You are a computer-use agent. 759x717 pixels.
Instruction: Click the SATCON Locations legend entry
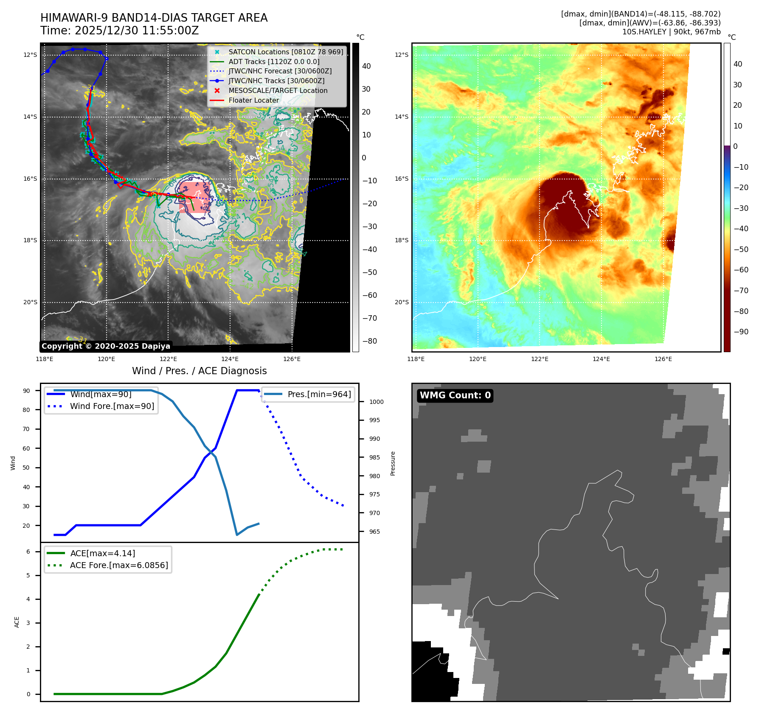tap(286, 52)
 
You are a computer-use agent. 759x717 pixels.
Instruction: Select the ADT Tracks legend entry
tap(274, 62)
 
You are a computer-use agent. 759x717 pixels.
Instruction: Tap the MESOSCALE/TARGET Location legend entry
tap(278, 90)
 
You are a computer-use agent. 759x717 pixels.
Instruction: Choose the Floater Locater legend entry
tap(253, 100)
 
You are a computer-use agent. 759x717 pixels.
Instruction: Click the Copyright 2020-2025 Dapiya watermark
tap(106, 346)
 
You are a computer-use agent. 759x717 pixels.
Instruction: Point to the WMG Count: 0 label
tap(455, 395)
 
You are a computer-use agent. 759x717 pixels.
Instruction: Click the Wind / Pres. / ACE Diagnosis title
tap(199, 371)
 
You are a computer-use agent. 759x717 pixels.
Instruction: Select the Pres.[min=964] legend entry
tap(319, 394)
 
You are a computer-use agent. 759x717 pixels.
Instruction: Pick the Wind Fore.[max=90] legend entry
tap(112, 406)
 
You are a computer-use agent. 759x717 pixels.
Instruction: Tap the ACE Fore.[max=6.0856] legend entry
tap(119, 565)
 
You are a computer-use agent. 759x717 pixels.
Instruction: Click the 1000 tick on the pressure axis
tap(376, 402)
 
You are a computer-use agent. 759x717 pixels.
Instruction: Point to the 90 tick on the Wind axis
tap(26, 391)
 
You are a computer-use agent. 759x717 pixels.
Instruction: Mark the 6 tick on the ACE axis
tap(28, 552)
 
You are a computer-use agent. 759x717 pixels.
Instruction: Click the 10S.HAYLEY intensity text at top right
tap(671, 32)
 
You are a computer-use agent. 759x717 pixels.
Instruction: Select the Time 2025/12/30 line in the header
tap(119, 31)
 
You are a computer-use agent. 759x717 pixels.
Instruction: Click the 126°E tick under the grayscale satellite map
tap(292, 359)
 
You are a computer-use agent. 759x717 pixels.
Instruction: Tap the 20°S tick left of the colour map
tap(402, 302)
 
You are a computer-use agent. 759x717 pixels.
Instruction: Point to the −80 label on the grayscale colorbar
tap(369, 341)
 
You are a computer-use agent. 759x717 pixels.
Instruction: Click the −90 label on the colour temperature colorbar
tap(741, 331)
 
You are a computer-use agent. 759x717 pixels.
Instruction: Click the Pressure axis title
tap(393, 463)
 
